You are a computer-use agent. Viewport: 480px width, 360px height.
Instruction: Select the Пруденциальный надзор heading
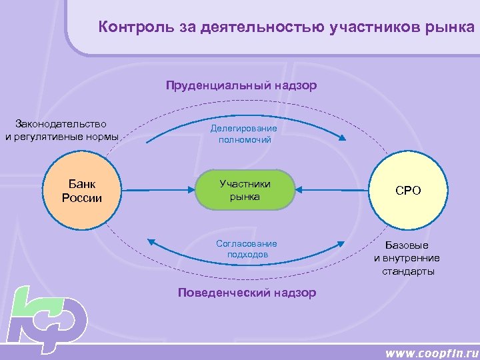click(241, 85)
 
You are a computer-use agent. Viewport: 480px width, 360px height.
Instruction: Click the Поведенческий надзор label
click(247, 293)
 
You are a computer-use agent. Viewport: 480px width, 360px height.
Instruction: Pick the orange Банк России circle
click(82, 191)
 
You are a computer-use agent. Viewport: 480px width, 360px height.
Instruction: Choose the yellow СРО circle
click(408, 191)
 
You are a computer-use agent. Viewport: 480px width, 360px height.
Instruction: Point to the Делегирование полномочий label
click(243, 133)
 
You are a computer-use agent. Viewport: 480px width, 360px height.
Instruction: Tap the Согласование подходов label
click(247, 249)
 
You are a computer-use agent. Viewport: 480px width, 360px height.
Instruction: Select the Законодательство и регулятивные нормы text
click(61, 130)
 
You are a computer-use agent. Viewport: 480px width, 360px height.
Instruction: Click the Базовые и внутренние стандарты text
click(408, 258)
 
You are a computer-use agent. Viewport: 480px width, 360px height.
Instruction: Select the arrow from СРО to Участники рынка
click(333, 190)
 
